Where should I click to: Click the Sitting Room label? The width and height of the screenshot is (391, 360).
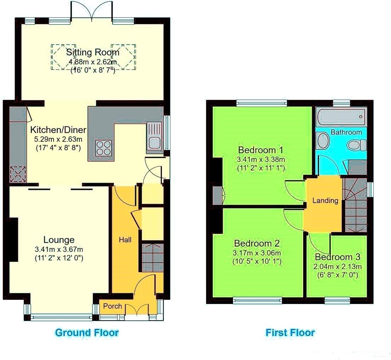93,52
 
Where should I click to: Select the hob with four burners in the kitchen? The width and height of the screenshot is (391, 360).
103,148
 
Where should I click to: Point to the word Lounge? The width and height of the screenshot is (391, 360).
59,240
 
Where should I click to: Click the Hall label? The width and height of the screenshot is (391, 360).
125,240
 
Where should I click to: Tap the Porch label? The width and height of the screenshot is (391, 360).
113,306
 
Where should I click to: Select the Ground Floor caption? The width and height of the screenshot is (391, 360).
87,332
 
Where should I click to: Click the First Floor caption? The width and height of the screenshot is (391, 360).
290,332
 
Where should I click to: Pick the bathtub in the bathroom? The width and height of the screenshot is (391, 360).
341,117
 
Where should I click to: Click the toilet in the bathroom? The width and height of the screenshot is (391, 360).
356,145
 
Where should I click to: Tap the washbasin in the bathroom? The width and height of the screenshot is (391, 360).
323,140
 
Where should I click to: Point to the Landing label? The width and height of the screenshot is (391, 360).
325,201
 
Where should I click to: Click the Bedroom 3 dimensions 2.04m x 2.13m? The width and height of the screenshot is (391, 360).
338,266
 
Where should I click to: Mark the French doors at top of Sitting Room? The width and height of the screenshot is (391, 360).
92,11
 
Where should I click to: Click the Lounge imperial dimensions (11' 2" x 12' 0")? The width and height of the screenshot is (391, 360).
59,258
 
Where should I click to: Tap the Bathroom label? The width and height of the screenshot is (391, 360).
346,132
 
